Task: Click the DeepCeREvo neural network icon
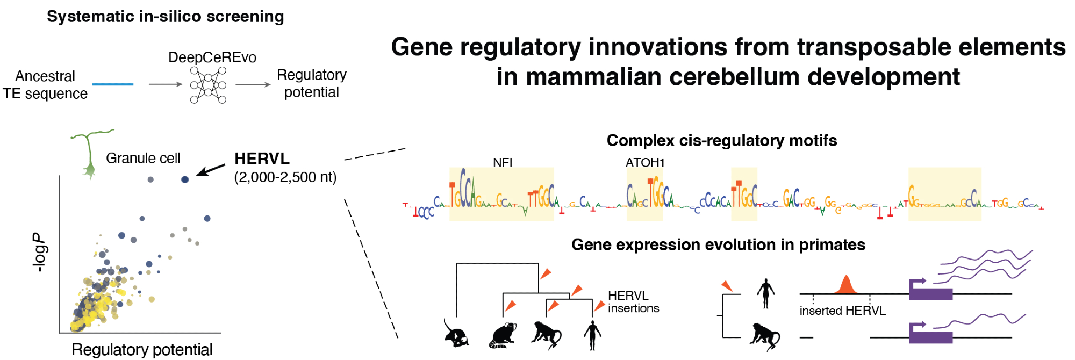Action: pyautogui.click(x=208, y=85)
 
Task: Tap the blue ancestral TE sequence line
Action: pyautogui.click(x=113, y=84)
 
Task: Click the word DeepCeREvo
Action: pyautogui.click(x=212, y=57)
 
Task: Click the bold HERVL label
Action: pyautogui.click(x=262, y=159)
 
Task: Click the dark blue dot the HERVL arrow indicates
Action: pyautogui.click(x=185, y=179)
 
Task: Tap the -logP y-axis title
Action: pyautogui.click(x=39, y=253)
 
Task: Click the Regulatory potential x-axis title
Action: pyautogui.click(x=142, y=350)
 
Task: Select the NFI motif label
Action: pyautogui.click(x=503, y=162)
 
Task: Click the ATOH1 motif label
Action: pyautogui.click(x=645, y=162)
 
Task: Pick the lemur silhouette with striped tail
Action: pyautogui.click(x=503, y=335)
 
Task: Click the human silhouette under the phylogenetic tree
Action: pyautogui.click(x=592, y=335)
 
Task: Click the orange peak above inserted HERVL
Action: pyautogui.click(x=846, y=285)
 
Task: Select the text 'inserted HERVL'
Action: pyautogui.click(x=842, y=311)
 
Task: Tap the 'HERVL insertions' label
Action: pyautogui.click(x=633, y=302)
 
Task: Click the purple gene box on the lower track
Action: pyautogui.click(x=930, y=337)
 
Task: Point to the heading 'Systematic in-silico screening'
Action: pyautogui.click(x=166, y=17)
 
